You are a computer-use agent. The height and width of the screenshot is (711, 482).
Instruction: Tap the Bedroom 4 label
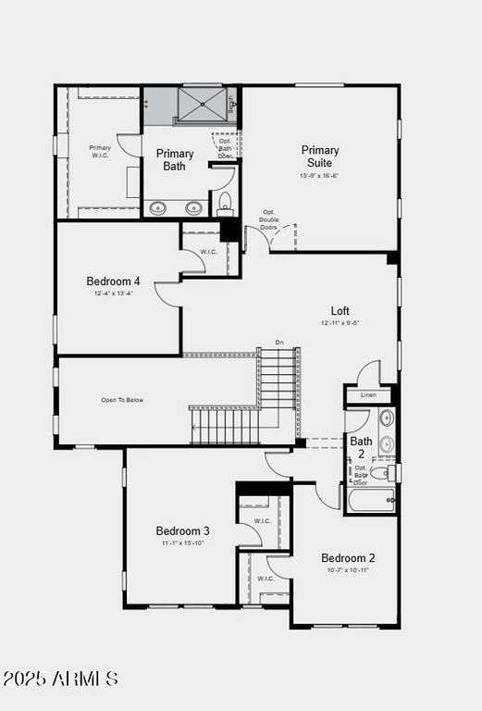click(x=113, y=281)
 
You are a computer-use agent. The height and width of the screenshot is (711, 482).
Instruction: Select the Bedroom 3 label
click(x=182, y=530)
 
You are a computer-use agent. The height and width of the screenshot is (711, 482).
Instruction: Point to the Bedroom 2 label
click(x=348, y=558)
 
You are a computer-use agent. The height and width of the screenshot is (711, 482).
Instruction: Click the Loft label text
click(x=340, y=311)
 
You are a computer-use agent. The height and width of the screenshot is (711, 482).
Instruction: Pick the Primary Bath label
click(x=175, y=160)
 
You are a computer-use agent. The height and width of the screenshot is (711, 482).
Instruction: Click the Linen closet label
click(x=369, y=395)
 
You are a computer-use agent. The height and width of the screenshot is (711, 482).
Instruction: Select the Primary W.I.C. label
click(x=100, y=152)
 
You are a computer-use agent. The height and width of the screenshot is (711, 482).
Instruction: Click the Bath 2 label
click(x=361, y=448)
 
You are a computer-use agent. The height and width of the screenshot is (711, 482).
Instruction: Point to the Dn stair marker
click(x=279, y=343)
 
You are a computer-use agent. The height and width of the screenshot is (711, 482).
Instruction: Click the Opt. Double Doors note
click(x=269, y=219)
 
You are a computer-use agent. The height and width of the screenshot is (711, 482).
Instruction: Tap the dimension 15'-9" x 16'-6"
click(x=319, y=176)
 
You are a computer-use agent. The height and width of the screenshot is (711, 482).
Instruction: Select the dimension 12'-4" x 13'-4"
click(x=113, y=293)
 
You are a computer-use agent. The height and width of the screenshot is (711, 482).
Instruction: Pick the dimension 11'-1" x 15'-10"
click(x=182, y=543)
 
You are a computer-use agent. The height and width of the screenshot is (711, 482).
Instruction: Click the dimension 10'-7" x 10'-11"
click(x=348, y=570)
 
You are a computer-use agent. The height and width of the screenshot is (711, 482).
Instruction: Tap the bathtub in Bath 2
click(x=371, y=501)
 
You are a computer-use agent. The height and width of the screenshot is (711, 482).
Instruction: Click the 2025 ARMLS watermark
click(x=60, y=680)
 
